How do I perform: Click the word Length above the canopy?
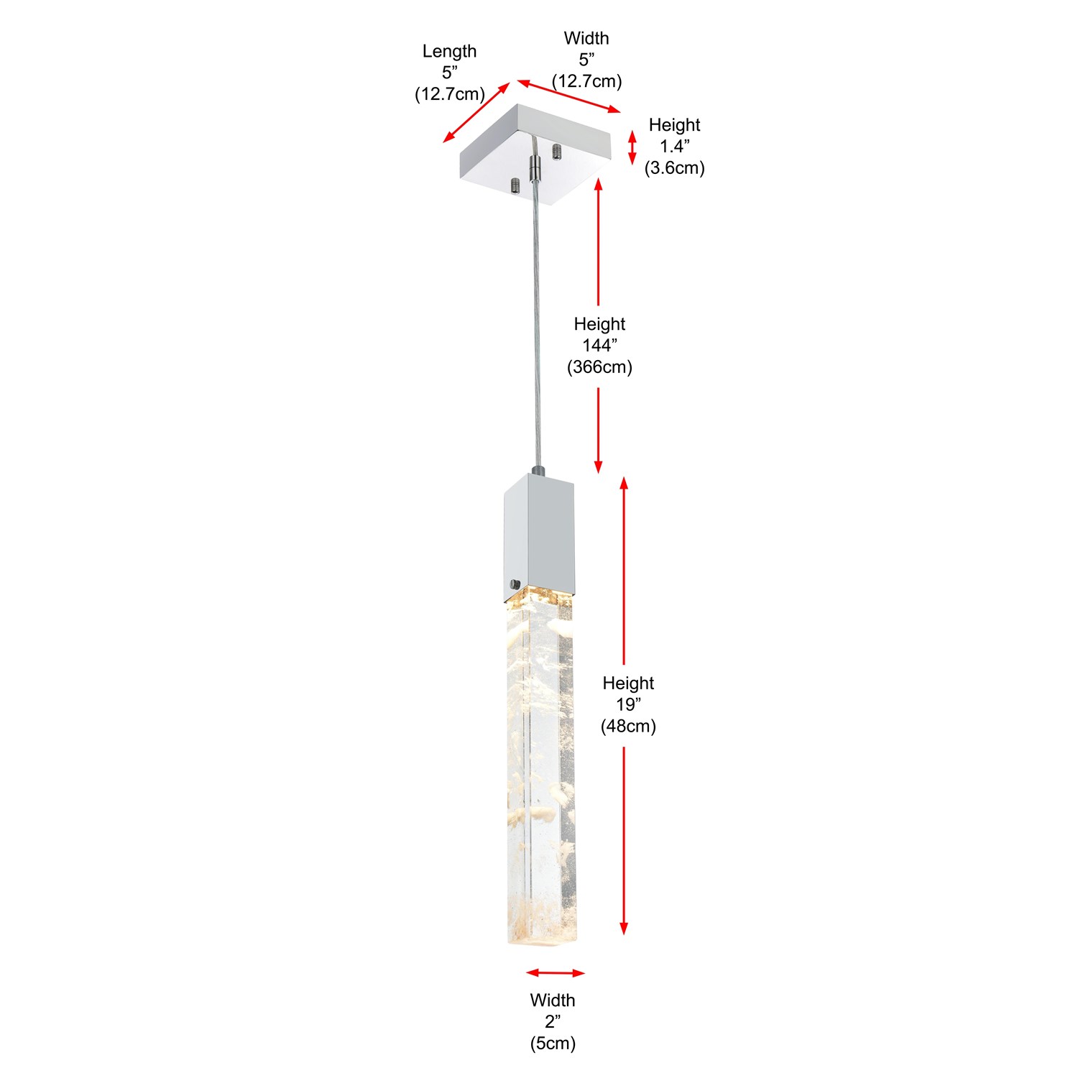click(449, 52)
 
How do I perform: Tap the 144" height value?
click(599, 346)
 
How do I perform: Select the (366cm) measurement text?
click(599, 367)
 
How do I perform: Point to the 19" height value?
click(628, 705)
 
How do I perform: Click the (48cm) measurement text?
click(628, 727)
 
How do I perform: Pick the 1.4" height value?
click(675, 147)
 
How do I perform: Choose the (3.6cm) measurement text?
click(674, 168)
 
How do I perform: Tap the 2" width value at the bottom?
click(553, 1022)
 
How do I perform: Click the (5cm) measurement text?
click(553, 1044)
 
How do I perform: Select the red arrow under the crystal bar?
click(556, 973)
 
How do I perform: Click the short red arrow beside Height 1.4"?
click(632, 148)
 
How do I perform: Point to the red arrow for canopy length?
click(476, 112)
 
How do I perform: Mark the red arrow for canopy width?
click(568, 96)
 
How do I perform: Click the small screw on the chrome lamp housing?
click(514, 584)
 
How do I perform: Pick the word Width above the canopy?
click(586, 39)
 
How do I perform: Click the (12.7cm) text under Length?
click(450, 94)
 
